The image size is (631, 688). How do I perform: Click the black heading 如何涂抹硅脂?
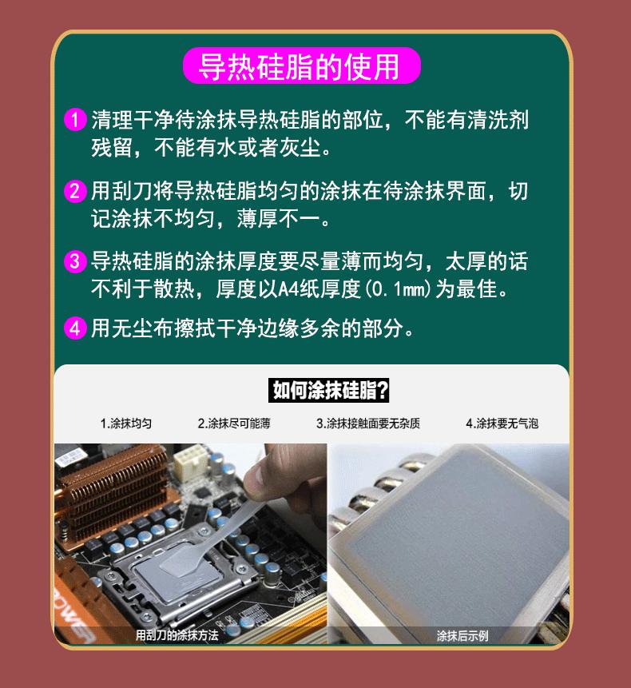coord(330,391)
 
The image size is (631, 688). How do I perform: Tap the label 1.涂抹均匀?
coord(125,424)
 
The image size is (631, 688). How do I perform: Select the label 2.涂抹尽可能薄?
coord(234,424)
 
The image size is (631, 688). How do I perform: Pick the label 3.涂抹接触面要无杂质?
coord(367,424)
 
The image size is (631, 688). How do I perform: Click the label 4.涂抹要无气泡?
coord(502,424)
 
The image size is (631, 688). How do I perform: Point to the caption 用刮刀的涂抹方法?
coord(177,636)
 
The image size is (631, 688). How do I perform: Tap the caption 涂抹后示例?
coord(462,636)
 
